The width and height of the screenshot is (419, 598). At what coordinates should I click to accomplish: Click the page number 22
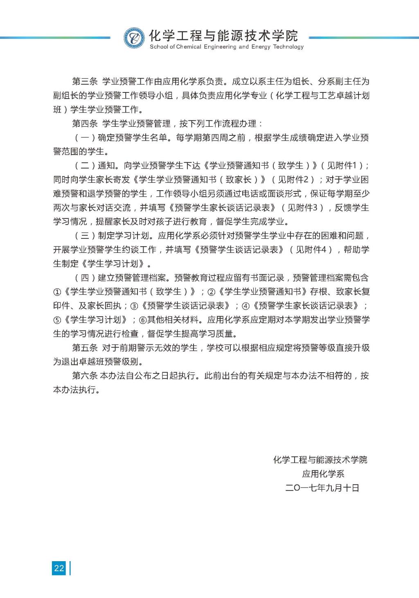tap(59, 568)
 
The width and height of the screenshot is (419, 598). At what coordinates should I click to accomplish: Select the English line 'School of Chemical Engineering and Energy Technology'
tap(227, 47)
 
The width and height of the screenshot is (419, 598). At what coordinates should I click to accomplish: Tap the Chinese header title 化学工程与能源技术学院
tap(224, 36)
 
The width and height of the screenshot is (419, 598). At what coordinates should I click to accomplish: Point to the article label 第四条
tap(85, 124)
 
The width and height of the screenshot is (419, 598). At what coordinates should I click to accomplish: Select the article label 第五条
tap(85, 348)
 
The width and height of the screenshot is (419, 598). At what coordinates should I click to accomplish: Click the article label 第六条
tap(85, 376)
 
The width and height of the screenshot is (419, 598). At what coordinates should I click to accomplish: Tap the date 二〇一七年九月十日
tap(322, 488)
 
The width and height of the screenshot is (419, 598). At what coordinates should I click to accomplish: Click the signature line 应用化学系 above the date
tap(323, 474)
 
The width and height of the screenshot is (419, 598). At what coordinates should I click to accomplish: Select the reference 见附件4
tap(311, 250)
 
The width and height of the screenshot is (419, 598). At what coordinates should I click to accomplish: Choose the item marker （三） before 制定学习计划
tap(85, 236)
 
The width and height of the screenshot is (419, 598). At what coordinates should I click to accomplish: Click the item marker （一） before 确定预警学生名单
tap(85, 138)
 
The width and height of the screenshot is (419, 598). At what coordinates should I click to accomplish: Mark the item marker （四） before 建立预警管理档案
tap(85, 278)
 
